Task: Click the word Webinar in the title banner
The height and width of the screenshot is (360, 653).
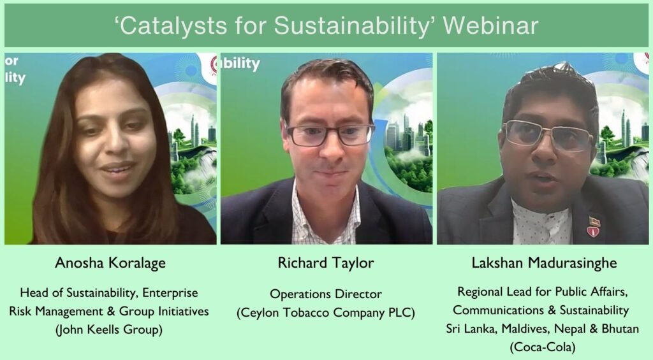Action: click(x=490, y=25)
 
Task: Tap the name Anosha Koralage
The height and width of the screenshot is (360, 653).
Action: click(x=110, y=263)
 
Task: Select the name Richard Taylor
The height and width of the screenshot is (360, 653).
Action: click(x=326, y=263)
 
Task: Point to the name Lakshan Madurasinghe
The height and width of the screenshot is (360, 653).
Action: click(x=544, y=263)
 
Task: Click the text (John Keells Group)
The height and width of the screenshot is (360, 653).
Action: click(x=108, y=329)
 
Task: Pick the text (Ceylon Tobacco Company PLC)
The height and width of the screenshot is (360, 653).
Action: click(x=326, y=313)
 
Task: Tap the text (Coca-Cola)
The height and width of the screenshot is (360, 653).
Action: click(x=543, y=347)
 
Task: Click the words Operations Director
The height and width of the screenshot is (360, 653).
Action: click(x=326, y=294)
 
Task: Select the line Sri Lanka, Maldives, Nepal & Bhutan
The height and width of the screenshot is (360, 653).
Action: click(x=542, y=329)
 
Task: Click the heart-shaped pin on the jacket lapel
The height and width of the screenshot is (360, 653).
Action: click(x=593, y=231)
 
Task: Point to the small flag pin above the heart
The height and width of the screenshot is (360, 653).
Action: click(x=594, y=220)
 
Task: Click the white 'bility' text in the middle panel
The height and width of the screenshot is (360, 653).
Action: click(x=241, y=64)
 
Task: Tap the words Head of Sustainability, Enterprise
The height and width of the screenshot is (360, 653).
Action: click(x=108, y=293)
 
